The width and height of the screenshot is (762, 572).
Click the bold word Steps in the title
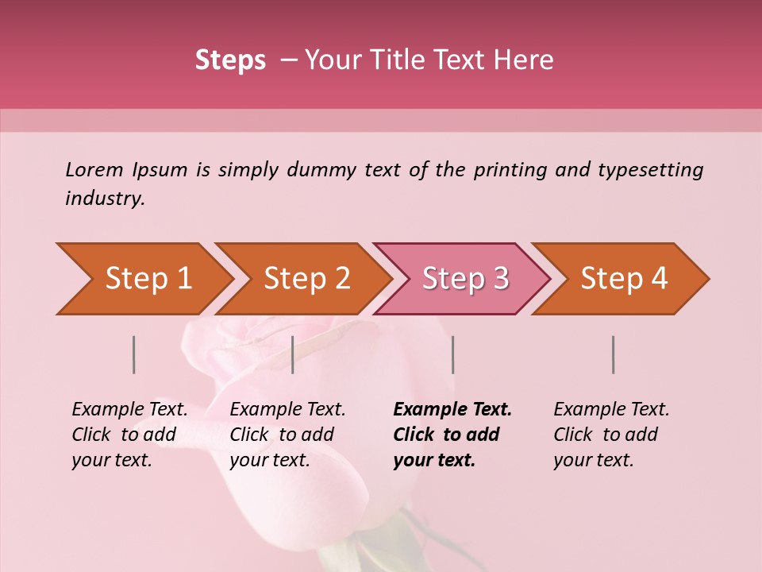tap(230, 60)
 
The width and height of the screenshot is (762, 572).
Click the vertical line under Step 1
tap(134, 354)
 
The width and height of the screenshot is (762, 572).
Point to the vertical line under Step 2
tap(293, 354)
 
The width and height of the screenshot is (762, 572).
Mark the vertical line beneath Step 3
tap(453, 354)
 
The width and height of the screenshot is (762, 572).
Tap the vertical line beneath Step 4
tap(614, 354)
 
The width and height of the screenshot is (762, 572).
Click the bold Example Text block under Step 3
tap(452, 435)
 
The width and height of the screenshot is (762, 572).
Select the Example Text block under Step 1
tap(129, 435)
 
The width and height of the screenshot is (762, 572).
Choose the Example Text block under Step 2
tap(287, 435)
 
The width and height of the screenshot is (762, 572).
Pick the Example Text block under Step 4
tap(611, 435)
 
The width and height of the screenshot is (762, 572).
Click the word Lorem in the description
tap(94, 169)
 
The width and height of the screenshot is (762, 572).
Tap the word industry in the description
tap(105, 199)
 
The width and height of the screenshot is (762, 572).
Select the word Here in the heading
tap(527, 60)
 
